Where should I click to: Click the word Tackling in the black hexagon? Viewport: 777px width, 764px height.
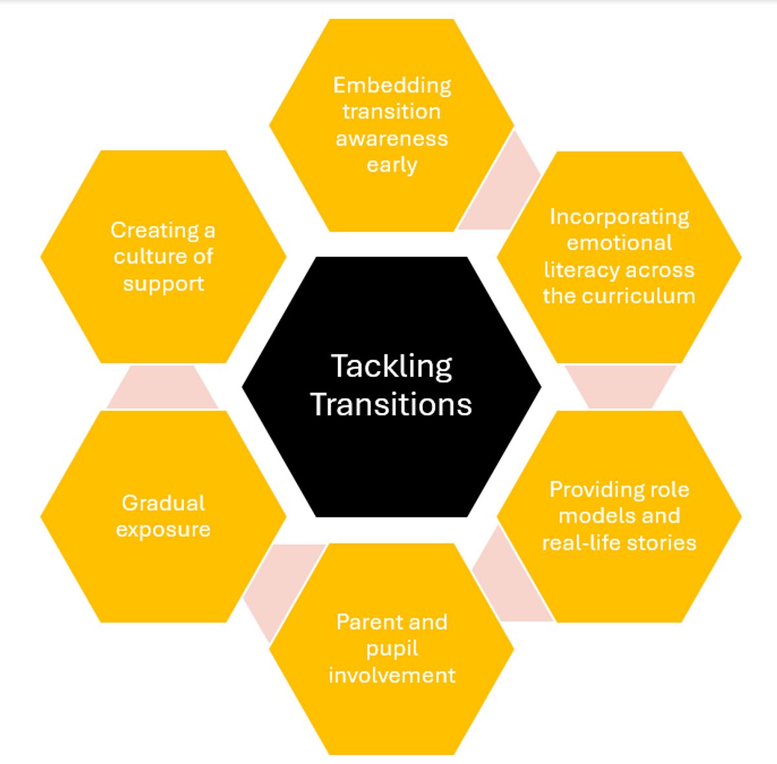[x=392, y=367]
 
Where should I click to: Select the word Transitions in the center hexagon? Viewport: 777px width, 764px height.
[x=391, y=404]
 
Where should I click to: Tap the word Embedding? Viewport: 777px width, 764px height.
[x=392, y=86]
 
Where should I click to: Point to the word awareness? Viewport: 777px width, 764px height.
[x=392, y=139]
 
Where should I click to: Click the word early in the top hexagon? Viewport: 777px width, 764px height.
[x=392, y=165]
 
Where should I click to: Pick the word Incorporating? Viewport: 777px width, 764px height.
[x=620, y=218]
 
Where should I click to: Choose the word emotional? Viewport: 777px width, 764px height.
[x=620, y=243]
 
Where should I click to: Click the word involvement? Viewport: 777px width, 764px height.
[x=392, y=675]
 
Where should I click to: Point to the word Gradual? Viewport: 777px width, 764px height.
[x=163, y=503]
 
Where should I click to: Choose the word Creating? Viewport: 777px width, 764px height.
[x=155, y=231]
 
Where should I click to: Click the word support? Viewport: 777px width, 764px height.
[x=163, y=284]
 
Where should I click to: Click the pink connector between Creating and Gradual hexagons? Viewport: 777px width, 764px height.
[x=163, y=387]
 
